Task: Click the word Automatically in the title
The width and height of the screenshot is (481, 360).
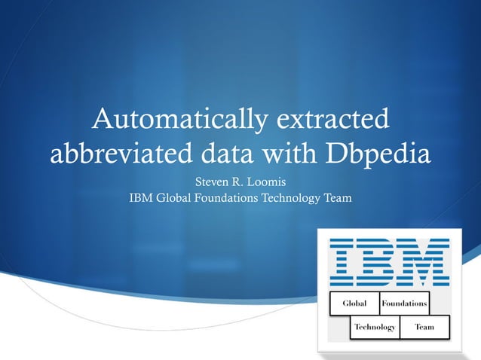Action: point(173,119)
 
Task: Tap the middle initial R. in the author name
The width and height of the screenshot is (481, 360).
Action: point(246,183)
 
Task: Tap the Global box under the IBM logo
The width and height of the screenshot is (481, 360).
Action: point(354,303)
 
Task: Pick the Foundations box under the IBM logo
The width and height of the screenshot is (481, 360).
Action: point(404,303)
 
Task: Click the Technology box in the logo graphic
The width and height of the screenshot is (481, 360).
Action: point(375,327)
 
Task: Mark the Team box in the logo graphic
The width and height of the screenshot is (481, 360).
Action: point(424,327)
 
